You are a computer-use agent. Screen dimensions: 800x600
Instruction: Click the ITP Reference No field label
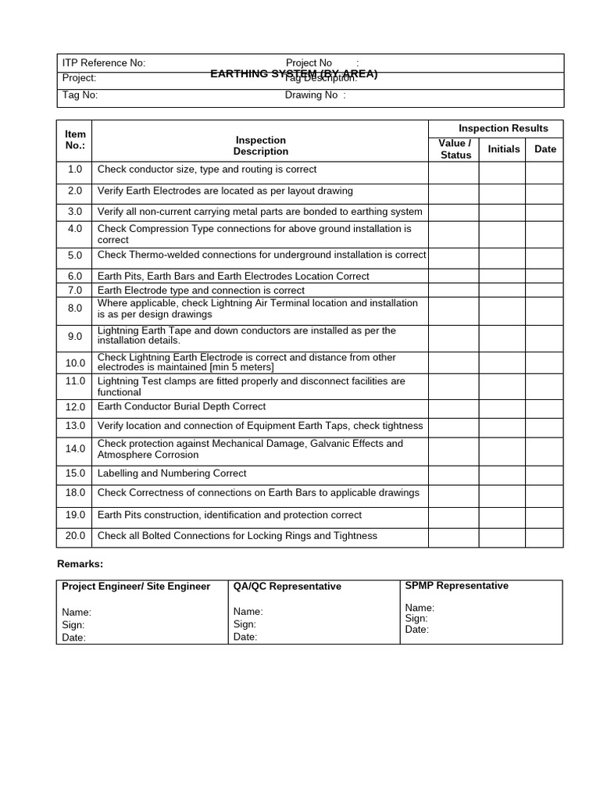104,63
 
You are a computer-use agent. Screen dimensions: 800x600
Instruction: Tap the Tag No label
80,95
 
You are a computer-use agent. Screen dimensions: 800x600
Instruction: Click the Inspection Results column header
503,128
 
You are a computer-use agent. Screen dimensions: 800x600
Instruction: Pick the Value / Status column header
455,149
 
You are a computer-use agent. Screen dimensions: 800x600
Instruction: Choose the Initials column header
503,149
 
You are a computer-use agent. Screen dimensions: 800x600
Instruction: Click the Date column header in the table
545,149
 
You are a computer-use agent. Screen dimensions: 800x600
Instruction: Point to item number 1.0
74,170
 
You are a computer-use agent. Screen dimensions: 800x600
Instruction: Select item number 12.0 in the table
74,407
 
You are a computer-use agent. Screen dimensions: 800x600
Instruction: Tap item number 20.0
74,536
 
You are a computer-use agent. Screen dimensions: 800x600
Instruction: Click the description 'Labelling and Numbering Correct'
172,473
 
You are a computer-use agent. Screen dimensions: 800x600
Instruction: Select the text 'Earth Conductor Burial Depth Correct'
181,407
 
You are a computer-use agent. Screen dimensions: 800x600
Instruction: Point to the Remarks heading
80,564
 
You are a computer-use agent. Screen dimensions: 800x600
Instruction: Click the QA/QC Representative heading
287,587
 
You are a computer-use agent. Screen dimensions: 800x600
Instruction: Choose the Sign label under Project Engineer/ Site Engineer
73,625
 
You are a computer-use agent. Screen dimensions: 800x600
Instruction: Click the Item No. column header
74,141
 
